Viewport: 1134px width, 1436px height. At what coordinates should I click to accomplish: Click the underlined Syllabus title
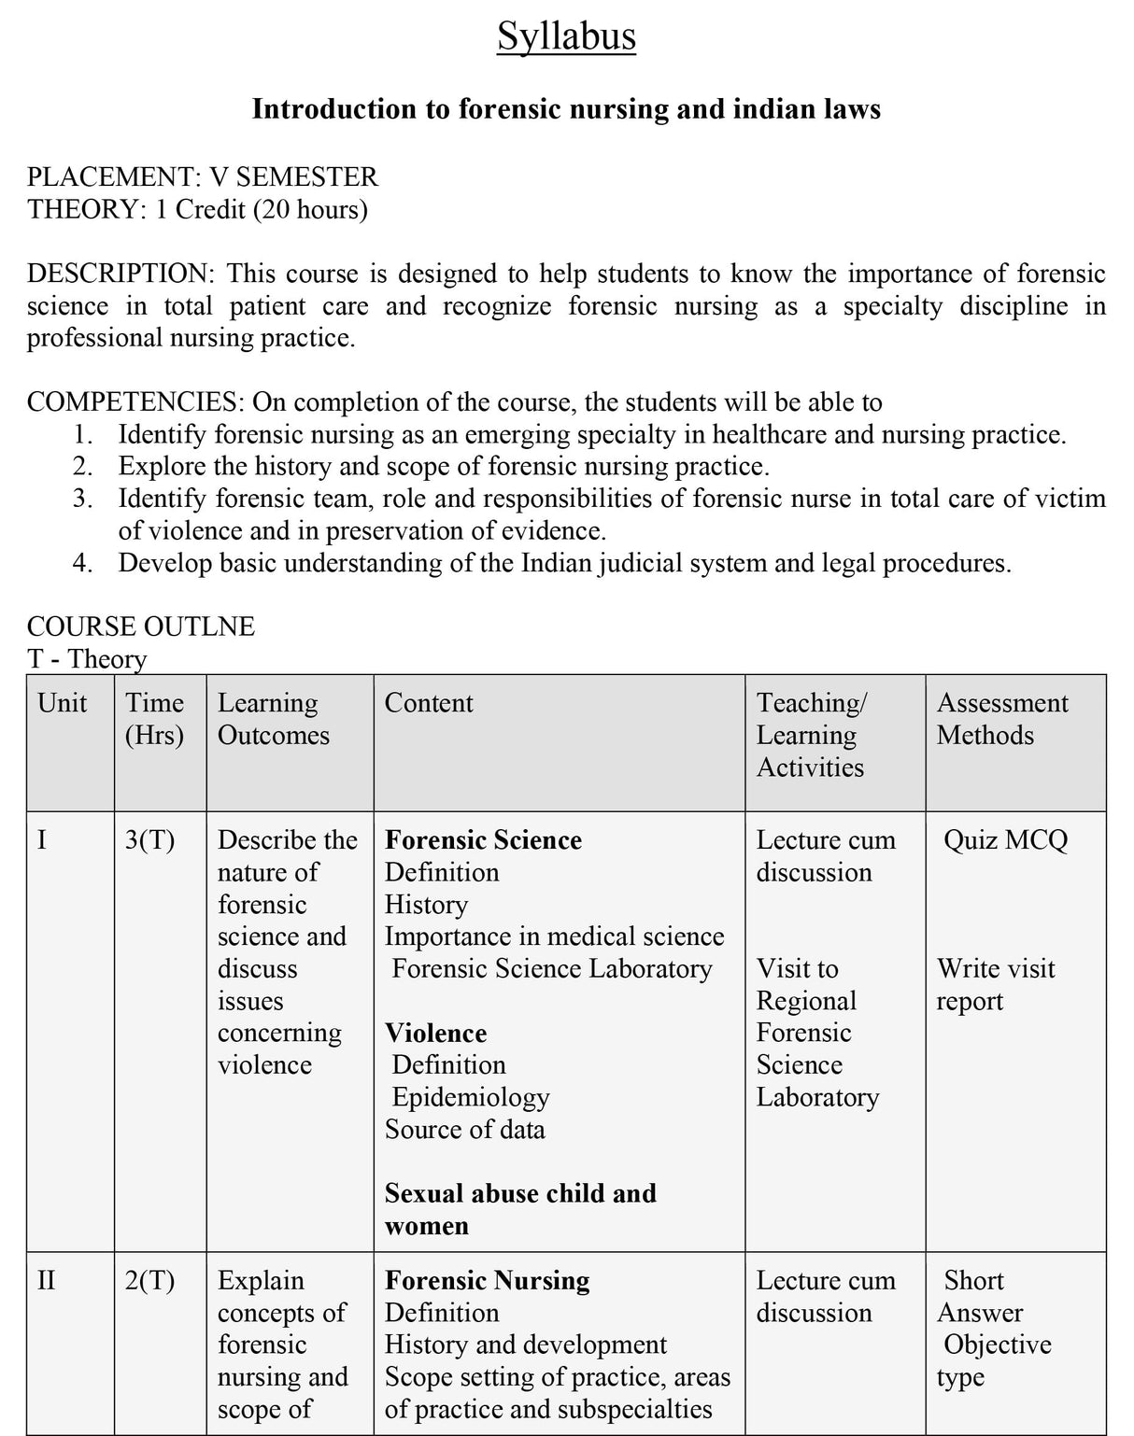click(566, 37)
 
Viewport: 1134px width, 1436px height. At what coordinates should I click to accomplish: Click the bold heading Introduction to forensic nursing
click(566, 109)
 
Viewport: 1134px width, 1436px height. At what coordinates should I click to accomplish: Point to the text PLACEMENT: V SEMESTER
click(203, 176)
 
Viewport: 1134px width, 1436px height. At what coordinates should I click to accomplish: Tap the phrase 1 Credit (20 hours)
click(262, 209)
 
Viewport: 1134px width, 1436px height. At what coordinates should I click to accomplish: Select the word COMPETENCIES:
click(136, 402)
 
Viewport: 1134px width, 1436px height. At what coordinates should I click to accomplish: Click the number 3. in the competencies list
click(82, 499)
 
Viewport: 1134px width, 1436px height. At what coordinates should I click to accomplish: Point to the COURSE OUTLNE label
click(141, 626)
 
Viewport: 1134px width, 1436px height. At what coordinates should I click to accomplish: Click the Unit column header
click(62, 703)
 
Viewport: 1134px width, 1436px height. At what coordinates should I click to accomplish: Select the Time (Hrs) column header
click(155, 719)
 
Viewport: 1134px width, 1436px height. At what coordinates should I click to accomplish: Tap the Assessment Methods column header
click(1001, 719)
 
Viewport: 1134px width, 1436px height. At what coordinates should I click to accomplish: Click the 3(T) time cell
click(150, 840)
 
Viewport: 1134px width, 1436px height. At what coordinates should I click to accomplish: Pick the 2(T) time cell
click(150, 1281)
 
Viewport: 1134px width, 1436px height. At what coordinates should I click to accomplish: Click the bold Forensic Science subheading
click(483, 840)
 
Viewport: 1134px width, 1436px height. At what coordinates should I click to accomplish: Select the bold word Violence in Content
click(435, 1034)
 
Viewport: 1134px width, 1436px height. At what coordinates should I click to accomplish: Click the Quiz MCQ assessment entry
click(1005, 840)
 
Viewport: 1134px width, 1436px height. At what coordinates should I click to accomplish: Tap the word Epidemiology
click(471, 1097)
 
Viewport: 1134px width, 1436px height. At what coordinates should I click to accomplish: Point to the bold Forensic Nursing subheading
click(487, 1281)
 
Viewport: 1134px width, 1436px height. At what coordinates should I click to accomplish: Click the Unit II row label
click(46, 1281)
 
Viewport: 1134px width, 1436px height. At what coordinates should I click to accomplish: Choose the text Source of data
click(464, 1130)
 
